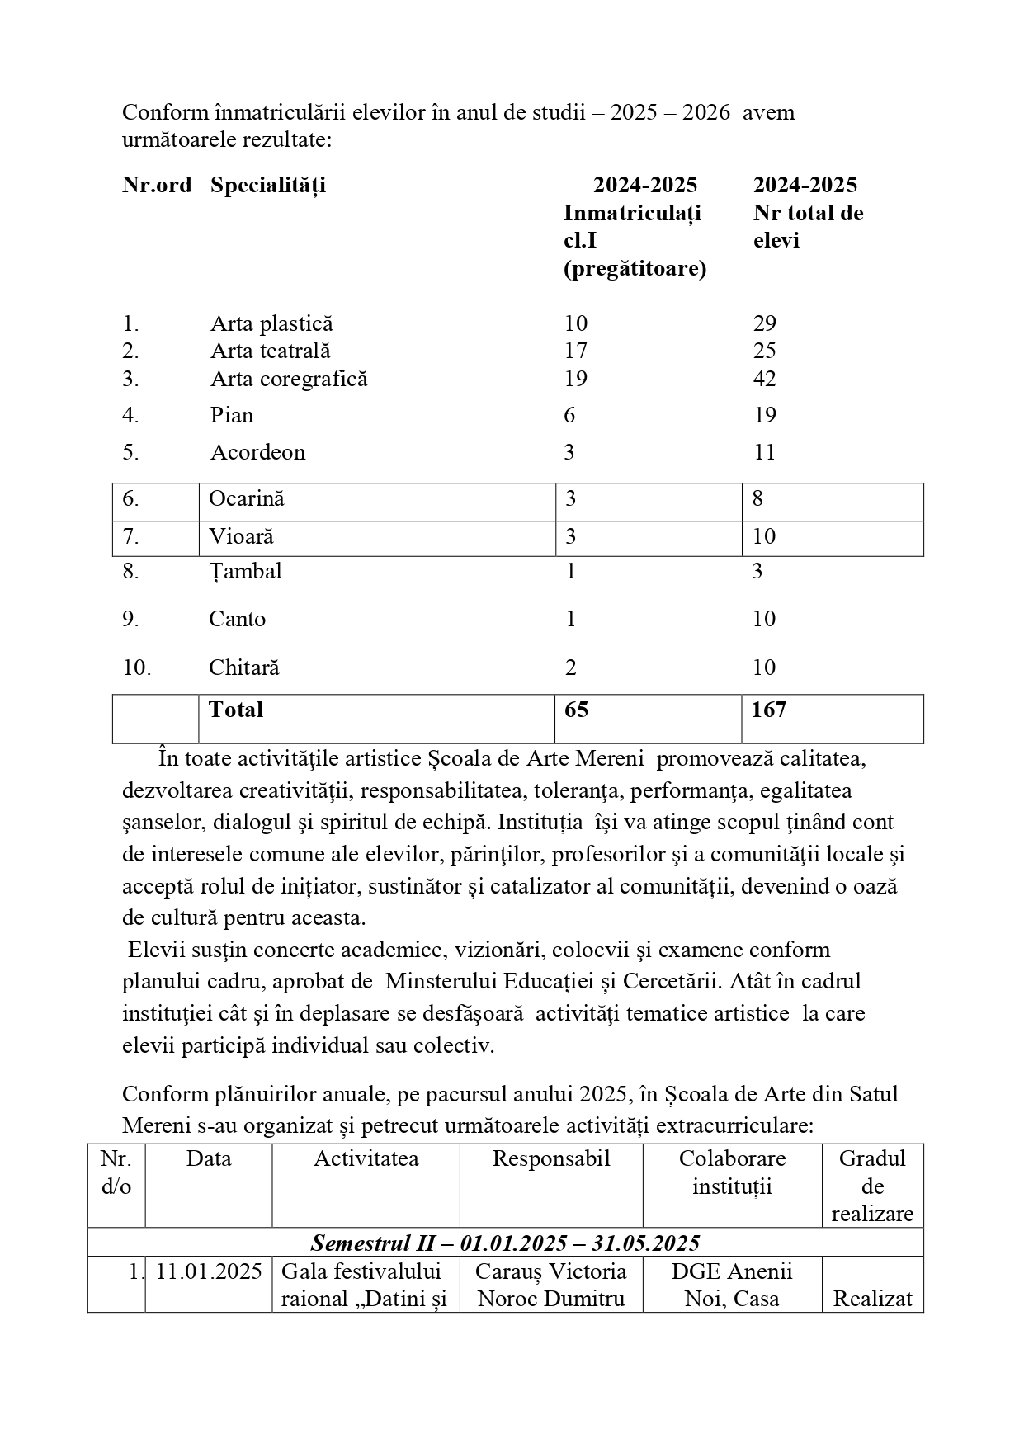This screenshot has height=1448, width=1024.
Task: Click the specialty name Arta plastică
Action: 271,323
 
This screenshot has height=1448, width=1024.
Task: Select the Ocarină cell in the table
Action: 246,498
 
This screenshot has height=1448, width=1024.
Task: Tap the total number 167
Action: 768,710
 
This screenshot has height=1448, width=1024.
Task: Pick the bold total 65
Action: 576,710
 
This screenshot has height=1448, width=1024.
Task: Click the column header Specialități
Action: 267,185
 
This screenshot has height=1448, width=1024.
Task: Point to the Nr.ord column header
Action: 157,185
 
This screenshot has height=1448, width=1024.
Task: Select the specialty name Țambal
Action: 245,571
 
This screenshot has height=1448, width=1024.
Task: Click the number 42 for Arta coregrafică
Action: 765,379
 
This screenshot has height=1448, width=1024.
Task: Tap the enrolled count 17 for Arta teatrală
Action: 575,351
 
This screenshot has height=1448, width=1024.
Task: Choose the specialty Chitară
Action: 243,667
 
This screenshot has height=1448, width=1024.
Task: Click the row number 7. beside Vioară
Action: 130,536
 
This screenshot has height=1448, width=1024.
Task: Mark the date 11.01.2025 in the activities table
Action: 209,1271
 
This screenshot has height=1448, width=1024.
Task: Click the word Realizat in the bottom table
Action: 872,1299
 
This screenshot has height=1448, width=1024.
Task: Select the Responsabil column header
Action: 551,1158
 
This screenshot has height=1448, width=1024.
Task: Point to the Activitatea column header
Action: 366,1158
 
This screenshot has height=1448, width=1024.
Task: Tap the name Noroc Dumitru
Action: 551,1299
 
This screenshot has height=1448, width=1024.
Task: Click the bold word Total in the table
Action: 236,710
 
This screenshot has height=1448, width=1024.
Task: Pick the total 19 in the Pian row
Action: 765,415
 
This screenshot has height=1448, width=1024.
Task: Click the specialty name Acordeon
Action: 257,452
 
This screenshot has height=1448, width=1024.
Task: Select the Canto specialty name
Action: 237,619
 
